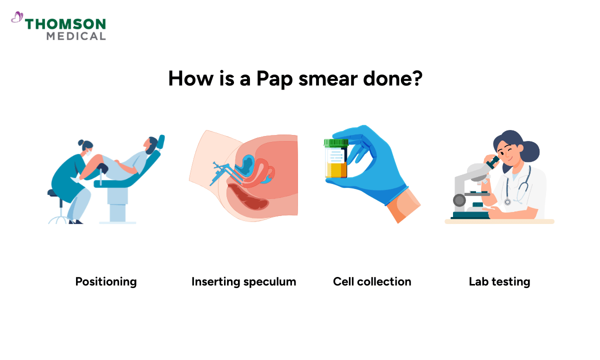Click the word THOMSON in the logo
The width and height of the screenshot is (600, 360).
click(65, 24)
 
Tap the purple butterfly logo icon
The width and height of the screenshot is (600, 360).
click(17, 18)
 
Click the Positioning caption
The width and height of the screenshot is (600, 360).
click(106, 282)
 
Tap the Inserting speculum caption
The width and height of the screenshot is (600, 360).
click(243, 282)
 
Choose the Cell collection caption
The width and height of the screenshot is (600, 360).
click(372, 282)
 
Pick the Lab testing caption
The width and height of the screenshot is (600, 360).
click(499, 282)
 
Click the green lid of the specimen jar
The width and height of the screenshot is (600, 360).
click(336, 143)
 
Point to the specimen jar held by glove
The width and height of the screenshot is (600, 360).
click(336, 162)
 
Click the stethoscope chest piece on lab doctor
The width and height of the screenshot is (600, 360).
click(507, 202)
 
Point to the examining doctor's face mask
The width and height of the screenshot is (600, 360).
click(87, 152)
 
